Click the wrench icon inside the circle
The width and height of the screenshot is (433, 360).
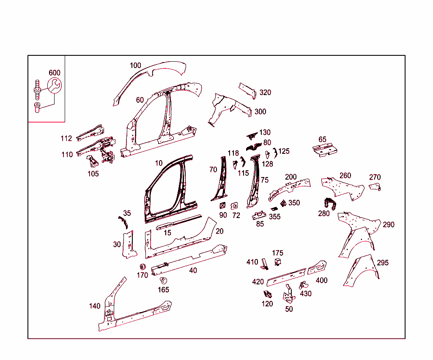point(55,85)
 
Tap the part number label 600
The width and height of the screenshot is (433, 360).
point(55,73)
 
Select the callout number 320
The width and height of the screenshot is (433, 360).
point(265,93)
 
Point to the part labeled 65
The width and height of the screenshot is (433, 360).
point(325,150)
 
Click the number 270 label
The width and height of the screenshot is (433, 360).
point(375,177)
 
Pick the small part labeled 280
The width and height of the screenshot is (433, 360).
point(330,204)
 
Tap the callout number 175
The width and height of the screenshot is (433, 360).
point(277,253)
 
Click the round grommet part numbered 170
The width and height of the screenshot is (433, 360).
point(143,267)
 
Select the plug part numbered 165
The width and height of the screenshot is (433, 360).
point(164,281)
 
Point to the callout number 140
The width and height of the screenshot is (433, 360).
point(95,306)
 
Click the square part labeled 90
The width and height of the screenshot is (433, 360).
point(222,205)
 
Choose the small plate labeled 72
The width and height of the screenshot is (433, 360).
point(234,206)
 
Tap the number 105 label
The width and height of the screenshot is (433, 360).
point(93,174)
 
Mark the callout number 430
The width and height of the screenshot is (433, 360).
point(306,294)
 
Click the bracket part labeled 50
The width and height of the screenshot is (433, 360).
point(288,295)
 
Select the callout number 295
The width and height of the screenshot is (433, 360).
point(383,263)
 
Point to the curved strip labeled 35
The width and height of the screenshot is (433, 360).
point(123,223)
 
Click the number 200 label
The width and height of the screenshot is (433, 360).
point(291,177)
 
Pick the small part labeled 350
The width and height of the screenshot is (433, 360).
point(283,204)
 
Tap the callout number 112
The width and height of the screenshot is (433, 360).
point(66,138)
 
